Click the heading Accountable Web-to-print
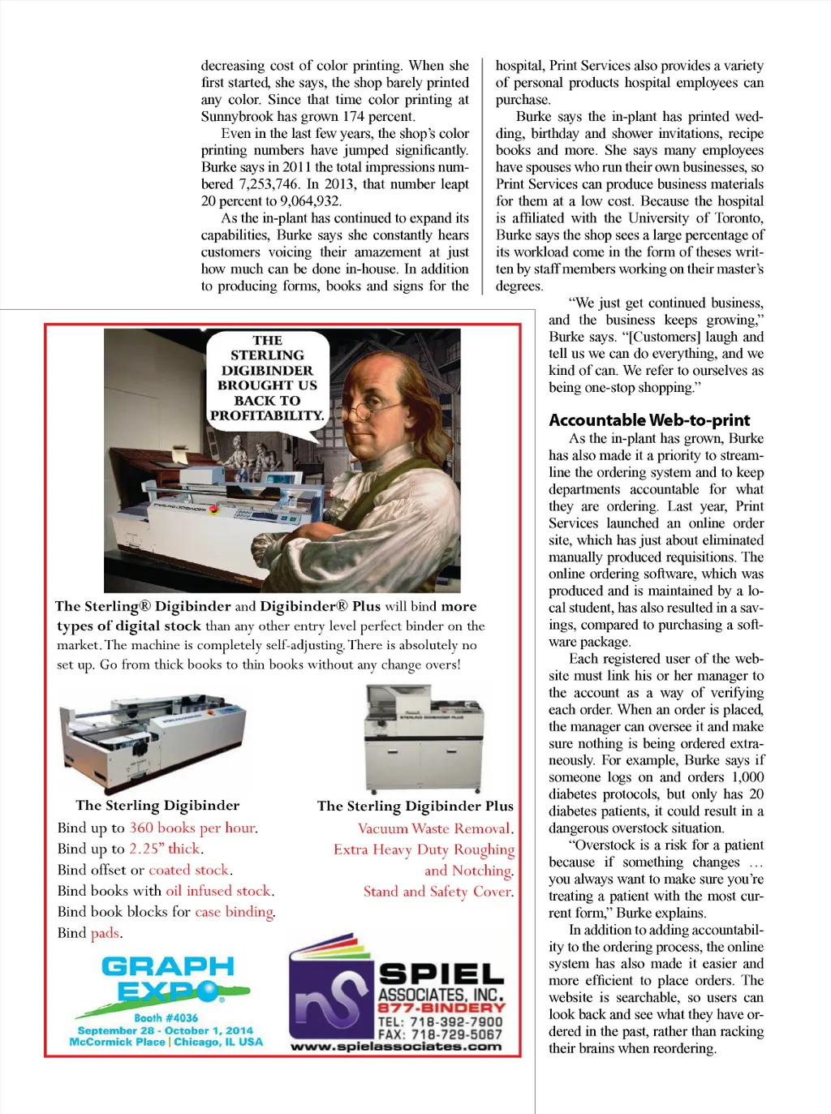tap(649, 420)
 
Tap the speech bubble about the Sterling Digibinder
tap(267, 379)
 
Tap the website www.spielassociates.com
tap(397, 1047)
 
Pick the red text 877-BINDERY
tap(441, 1008)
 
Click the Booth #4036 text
tap(166, 1017)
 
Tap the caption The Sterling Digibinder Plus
tap(415, 806)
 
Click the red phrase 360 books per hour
tap(192, 828)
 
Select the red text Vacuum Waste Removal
tap(434, 829)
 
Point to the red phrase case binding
tap(234, 912)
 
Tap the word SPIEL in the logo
tap(441, 974)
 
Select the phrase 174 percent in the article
tap(378, 117)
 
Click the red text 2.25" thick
tap(165, 849)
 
